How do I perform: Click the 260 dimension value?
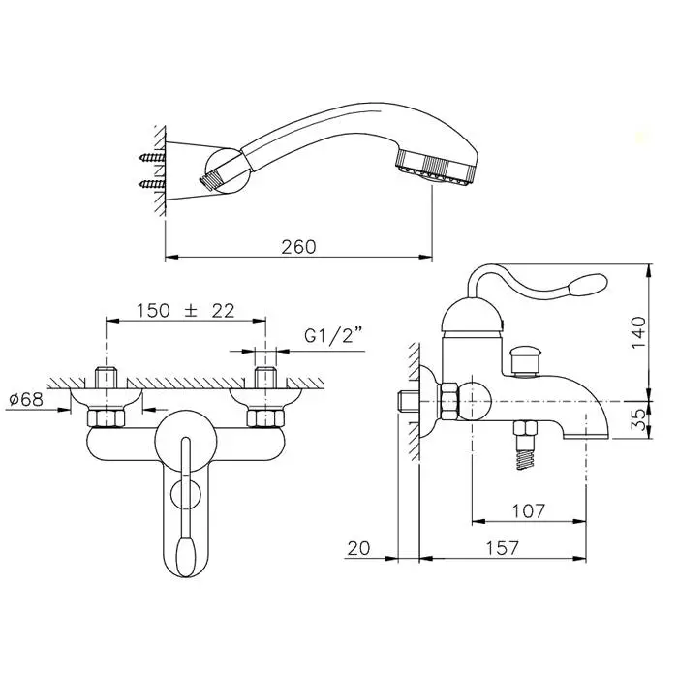(x=298, y=247)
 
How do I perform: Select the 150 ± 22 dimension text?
(x=186, y=311)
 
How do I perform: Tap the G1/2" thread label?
(x=333, y=335)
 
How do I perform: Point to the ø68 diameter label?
(x=26, y=399)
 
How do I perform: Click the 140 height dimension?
(x=638, y=332)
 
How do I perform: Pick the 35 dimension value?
(x=638, y=419)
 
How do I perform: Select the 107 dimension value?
(x=529, y=511)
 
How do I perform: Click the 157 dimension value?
(x=502, y=548)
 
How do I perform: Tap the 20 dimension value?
(x=359, y=548)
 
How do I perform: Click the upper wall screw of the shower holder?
(x=152, y=157)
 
